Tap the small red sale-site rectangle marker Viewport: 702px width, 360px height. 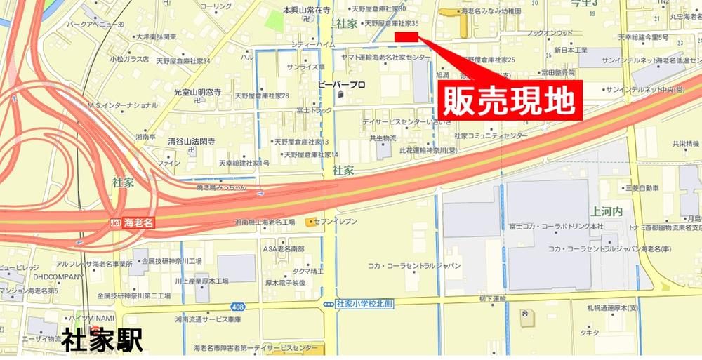[406, 36]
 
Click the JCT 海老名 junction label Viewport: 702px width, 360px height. [131, 222]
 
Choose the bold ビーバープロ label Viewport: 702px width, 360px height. [342, 85]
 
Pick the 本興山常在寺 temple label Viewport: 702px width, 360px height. [306, 11]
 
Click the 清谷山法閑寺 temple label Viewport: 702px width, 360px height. [192, 142]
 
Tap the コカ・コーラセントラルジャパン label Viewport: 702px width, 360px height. [414, 266]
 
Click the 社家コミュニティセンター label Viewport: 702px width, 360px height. [490, 135]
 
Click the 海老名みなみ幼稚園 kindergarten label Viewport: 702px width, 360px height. [489, 12]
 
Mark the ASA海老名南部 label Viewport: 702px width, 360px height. [284, 249]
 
